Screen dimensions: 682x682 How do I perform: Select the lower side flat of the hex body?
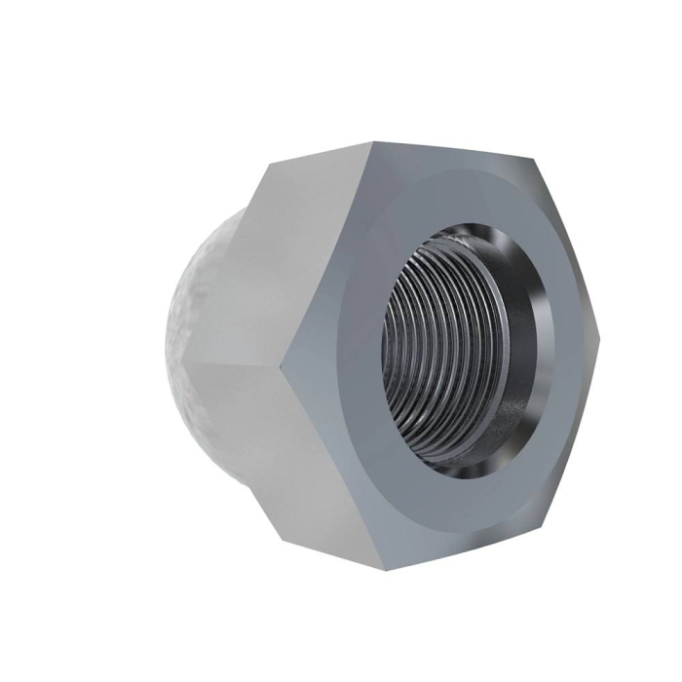[x=312, y=458]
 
